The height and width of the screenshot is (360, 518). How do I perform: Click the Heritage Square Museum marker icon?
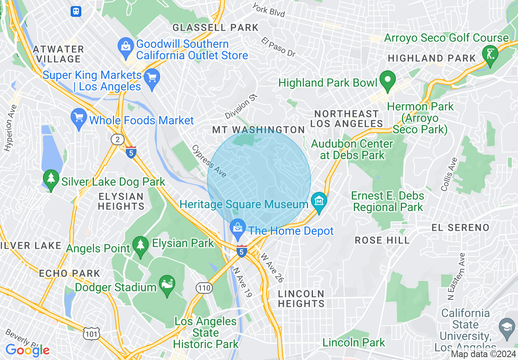click(x=319, y=201)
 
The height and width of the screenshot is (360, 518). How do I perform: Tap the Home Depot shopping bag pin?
click(x=237, y=227)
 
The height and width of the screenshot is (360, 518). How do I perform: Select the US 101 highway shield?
click(x=90, y=334)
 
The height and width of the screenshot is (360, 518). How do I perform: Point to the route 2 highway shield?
click(x=118, y=139)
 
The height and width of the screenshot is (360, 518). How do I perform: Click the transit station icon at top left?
click(x=76, y=11)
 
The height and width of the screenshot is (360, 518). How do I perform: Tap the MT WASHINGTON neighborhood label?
click(x=258, y=130)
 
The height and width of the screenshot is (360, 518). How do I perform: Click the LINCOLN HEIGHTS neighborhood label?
click(x=301, y=299)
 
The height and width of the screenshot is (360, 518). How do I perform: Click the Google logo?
click(x=27, y=350)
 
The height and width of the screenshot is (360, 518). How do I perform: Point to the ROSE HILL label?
click(x=382, y=240)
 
